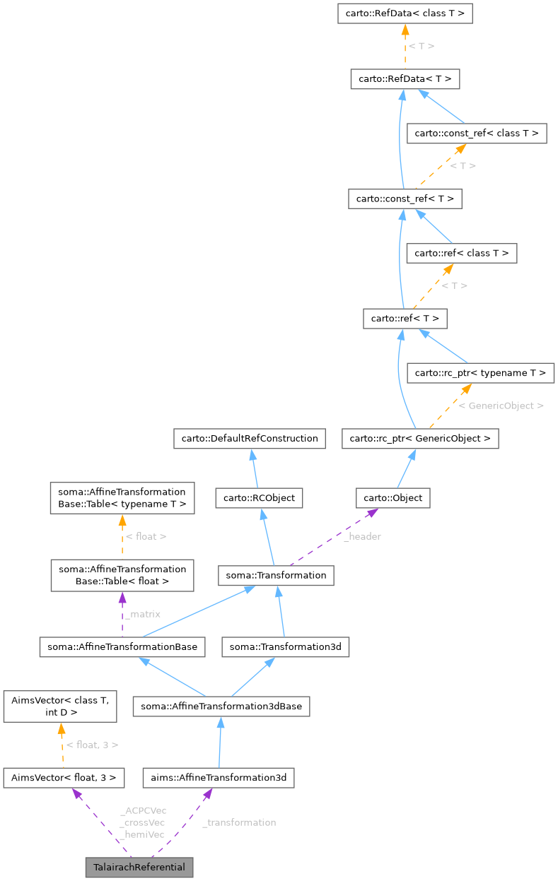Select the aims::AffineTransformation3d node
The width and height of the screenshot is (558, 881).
click(219, 778)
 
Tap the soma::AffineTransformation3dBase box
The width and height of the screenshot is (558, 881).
click(221, 706)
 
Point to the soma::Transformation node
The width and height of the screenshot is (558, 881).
click(276, 575)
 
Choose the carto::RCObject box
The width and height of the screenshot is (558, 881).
click(260, 498)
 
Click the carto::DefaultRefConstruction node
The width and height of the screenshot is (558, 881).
click(250, 439)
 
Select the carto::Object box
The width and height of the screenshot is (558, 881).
click(393, 498)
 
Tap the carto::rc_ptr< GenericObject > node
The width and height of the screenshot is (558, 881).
click(420, 439)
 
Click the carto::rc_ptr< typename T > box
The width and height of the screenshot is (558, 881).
click(480, 372)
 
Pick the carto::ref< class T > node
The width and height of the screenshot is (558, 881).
click(462, 253)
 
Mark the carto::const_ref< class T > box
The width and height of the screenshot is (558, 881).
click(477, 133)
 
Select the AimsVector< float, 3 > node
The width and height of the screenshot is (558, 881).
click(64, 778)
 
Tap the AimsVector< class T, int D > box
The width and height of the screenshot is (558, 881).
click(59, 706)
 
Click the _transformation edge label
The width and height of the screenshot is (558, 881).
click(239, 822)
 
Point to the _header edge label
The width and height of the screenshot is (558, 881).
click(362, 536)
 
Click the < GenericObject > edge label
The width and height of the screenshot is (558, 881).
click(501, 406)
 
